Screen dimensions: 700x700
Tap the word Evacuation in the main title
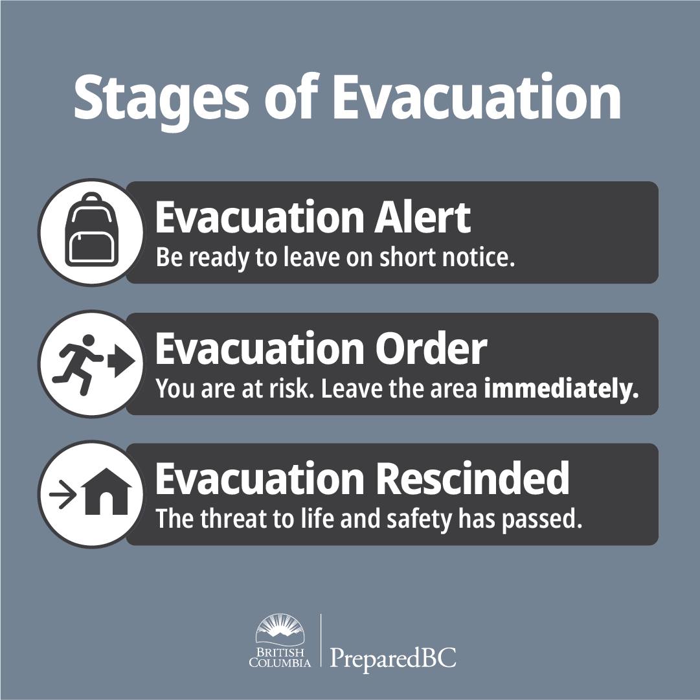(477, 96)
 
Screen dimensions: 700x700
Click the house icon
(106, 491)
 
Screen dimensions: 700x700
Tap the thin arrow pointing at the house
(63, 495)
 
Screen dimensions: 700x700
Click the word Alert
(422, 218)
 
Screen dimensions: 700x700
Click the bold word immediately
(561, 389)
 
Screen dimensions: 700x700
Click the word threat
(231, 518)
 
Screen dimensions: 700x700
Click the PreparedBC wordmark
(393, 658)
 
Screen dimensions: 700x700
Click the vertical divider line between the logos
(321, 640)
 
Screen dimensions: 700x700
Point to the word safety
(419, 520)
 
